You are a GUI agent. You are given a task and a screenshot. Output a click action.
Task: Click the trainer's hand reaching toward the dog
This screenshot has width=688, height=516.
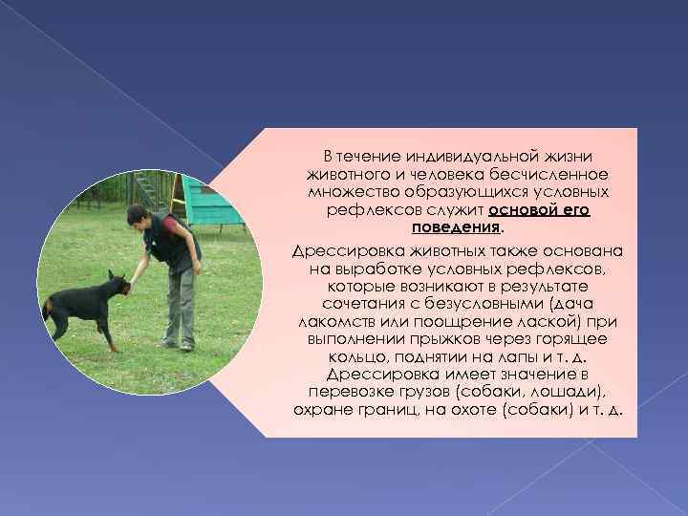[135, 283]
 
